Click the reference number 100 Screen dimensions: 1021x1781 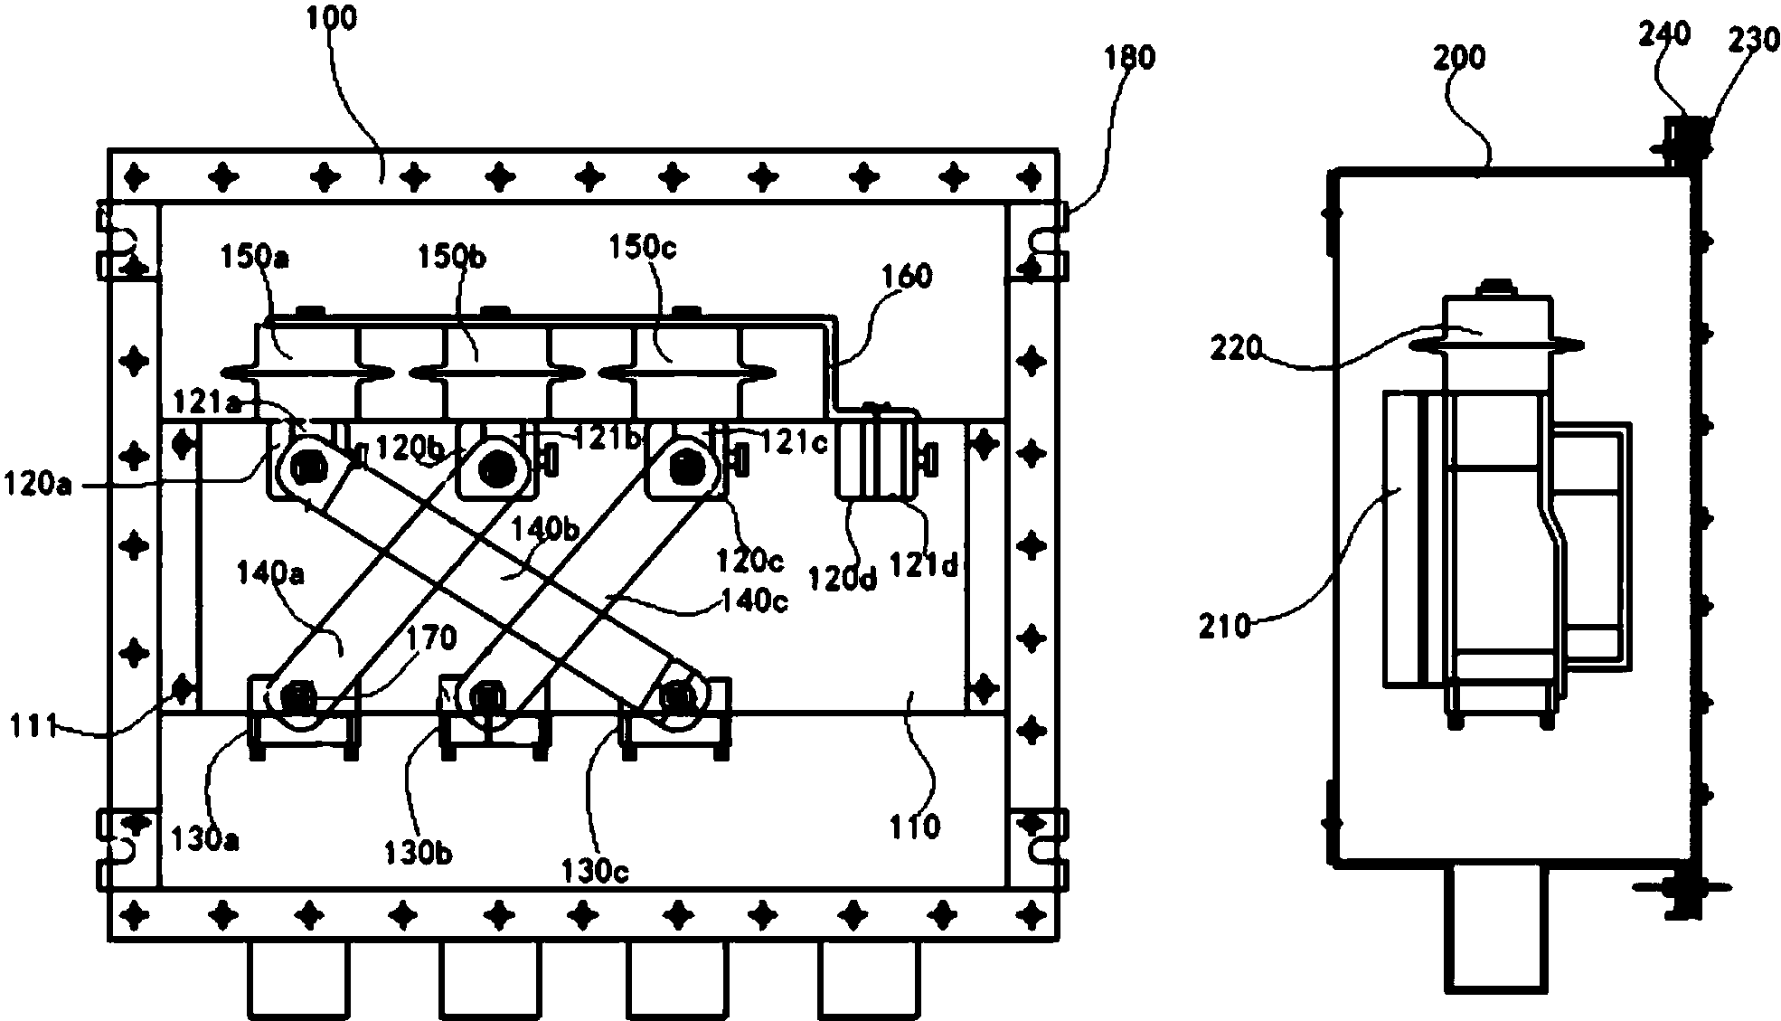click(331, 18)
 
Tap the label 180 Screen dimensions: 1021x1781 click(1129, 58)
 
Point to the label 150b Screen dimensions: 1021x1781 click(451, 258)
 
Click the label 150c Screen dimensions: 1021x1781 click(643, 246)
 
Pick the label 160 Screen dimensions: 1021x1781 click(906, 277)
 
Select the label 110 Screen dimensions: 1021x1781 click(915, 826)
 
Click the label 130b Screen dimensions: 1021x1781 click(417, 853)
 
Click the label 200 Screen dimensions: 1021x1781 click(1458, 58)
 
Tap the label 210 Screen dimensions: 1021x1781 click(1225, 625)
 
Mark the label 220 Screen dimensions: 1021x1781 click(1236, 347)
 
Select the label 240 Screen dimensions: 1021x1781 click(1663, 34)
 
